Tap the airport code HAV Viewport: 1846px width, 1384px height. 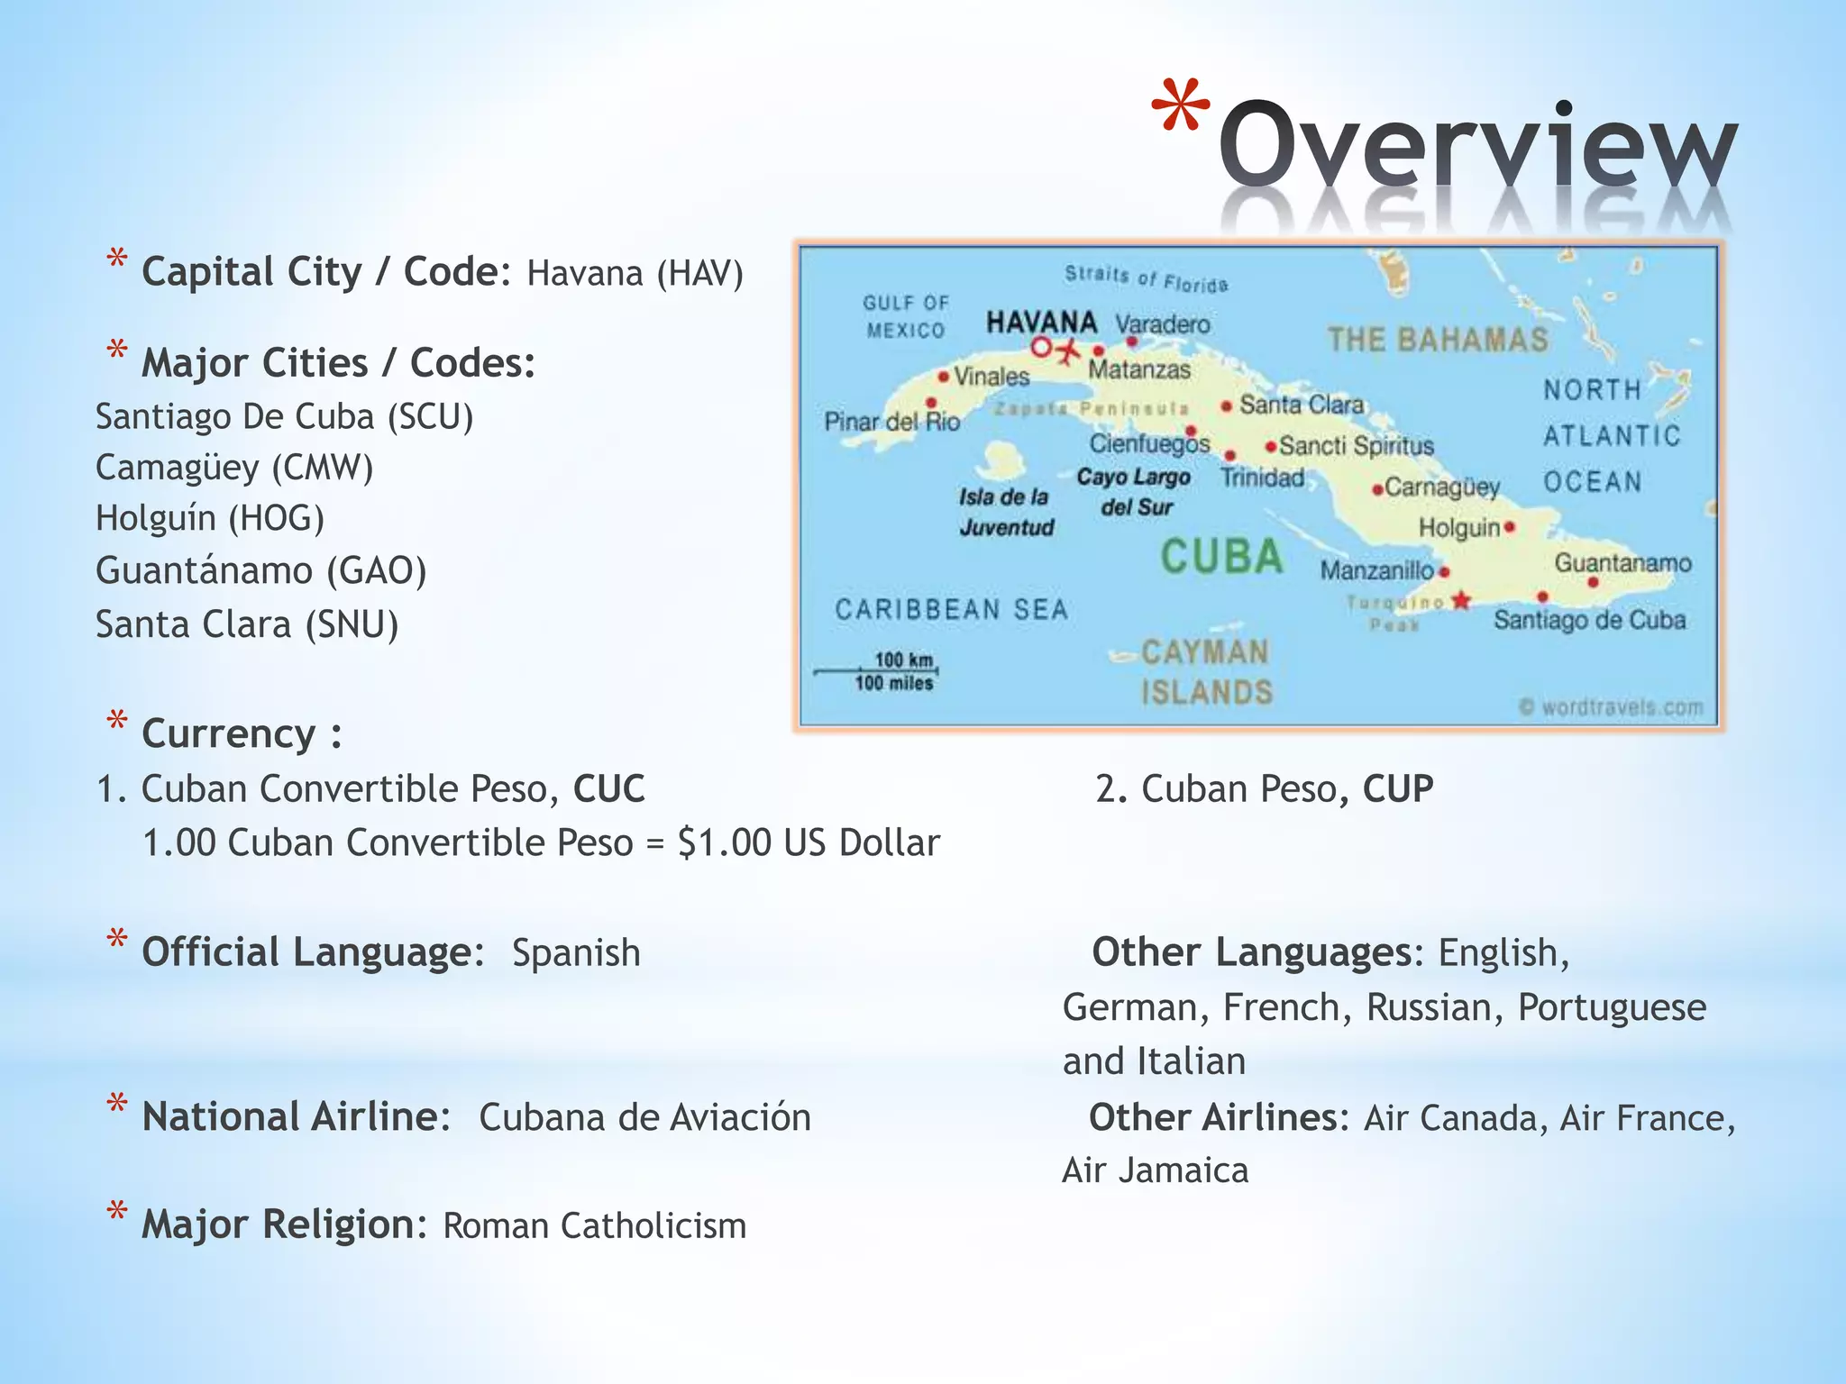pos(699,273)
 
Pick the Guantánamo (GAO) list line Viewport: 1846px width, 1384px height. pos(261,571)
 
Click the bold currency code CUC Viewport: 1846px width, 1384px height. pos(609,788)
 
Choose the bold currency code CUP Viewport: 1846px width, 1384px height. pos(1397,788)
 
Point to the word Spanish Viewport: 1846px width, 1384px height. pos(576,953)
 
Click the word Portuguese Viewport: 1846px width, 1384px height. pos(1612,1007)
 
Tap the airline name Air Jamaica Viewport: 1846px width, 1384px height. pos(1156,1170)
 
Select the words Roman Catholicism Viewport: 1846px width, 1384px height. pos(595,1226)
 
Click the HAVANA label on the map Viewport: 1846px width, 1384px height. pos(1041,322)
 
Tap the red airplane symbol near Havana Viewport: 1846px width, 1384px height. pos(1067,350)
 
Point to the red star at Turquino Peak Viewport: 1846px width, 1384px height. pos(1461,600)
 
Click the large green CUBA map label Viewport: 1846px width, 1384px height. pos(1221,556)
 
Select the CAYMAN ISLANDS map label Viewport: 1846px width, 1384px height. pos(1206,672)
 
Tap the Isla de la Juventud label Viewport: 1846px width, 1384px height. pos(1005,512)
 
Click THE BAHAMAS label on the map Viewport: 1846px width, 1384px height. pos(1438,340)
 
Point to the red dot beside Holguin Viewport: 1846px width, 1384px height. pos(1510,527)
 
